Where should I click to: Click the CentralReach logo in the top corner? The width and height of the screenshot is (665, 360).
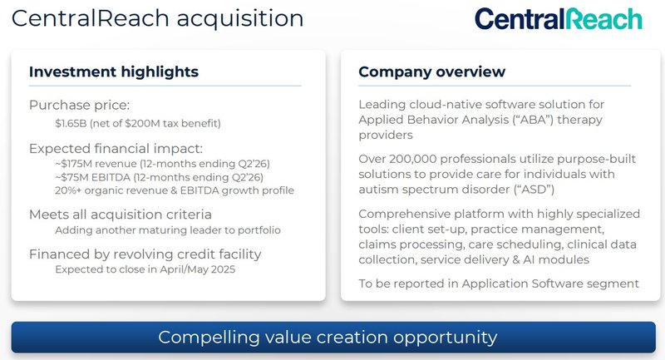[x=558, y=19]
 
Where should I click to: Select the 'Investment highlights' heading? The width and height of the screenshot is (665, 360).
[x=114, y=72]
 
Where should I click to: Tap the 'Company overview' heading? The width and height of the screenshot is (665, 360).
[x=431, y=72]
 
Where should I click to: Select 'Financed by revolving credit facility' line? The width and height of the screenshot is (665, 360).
[x=145, y=254]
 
